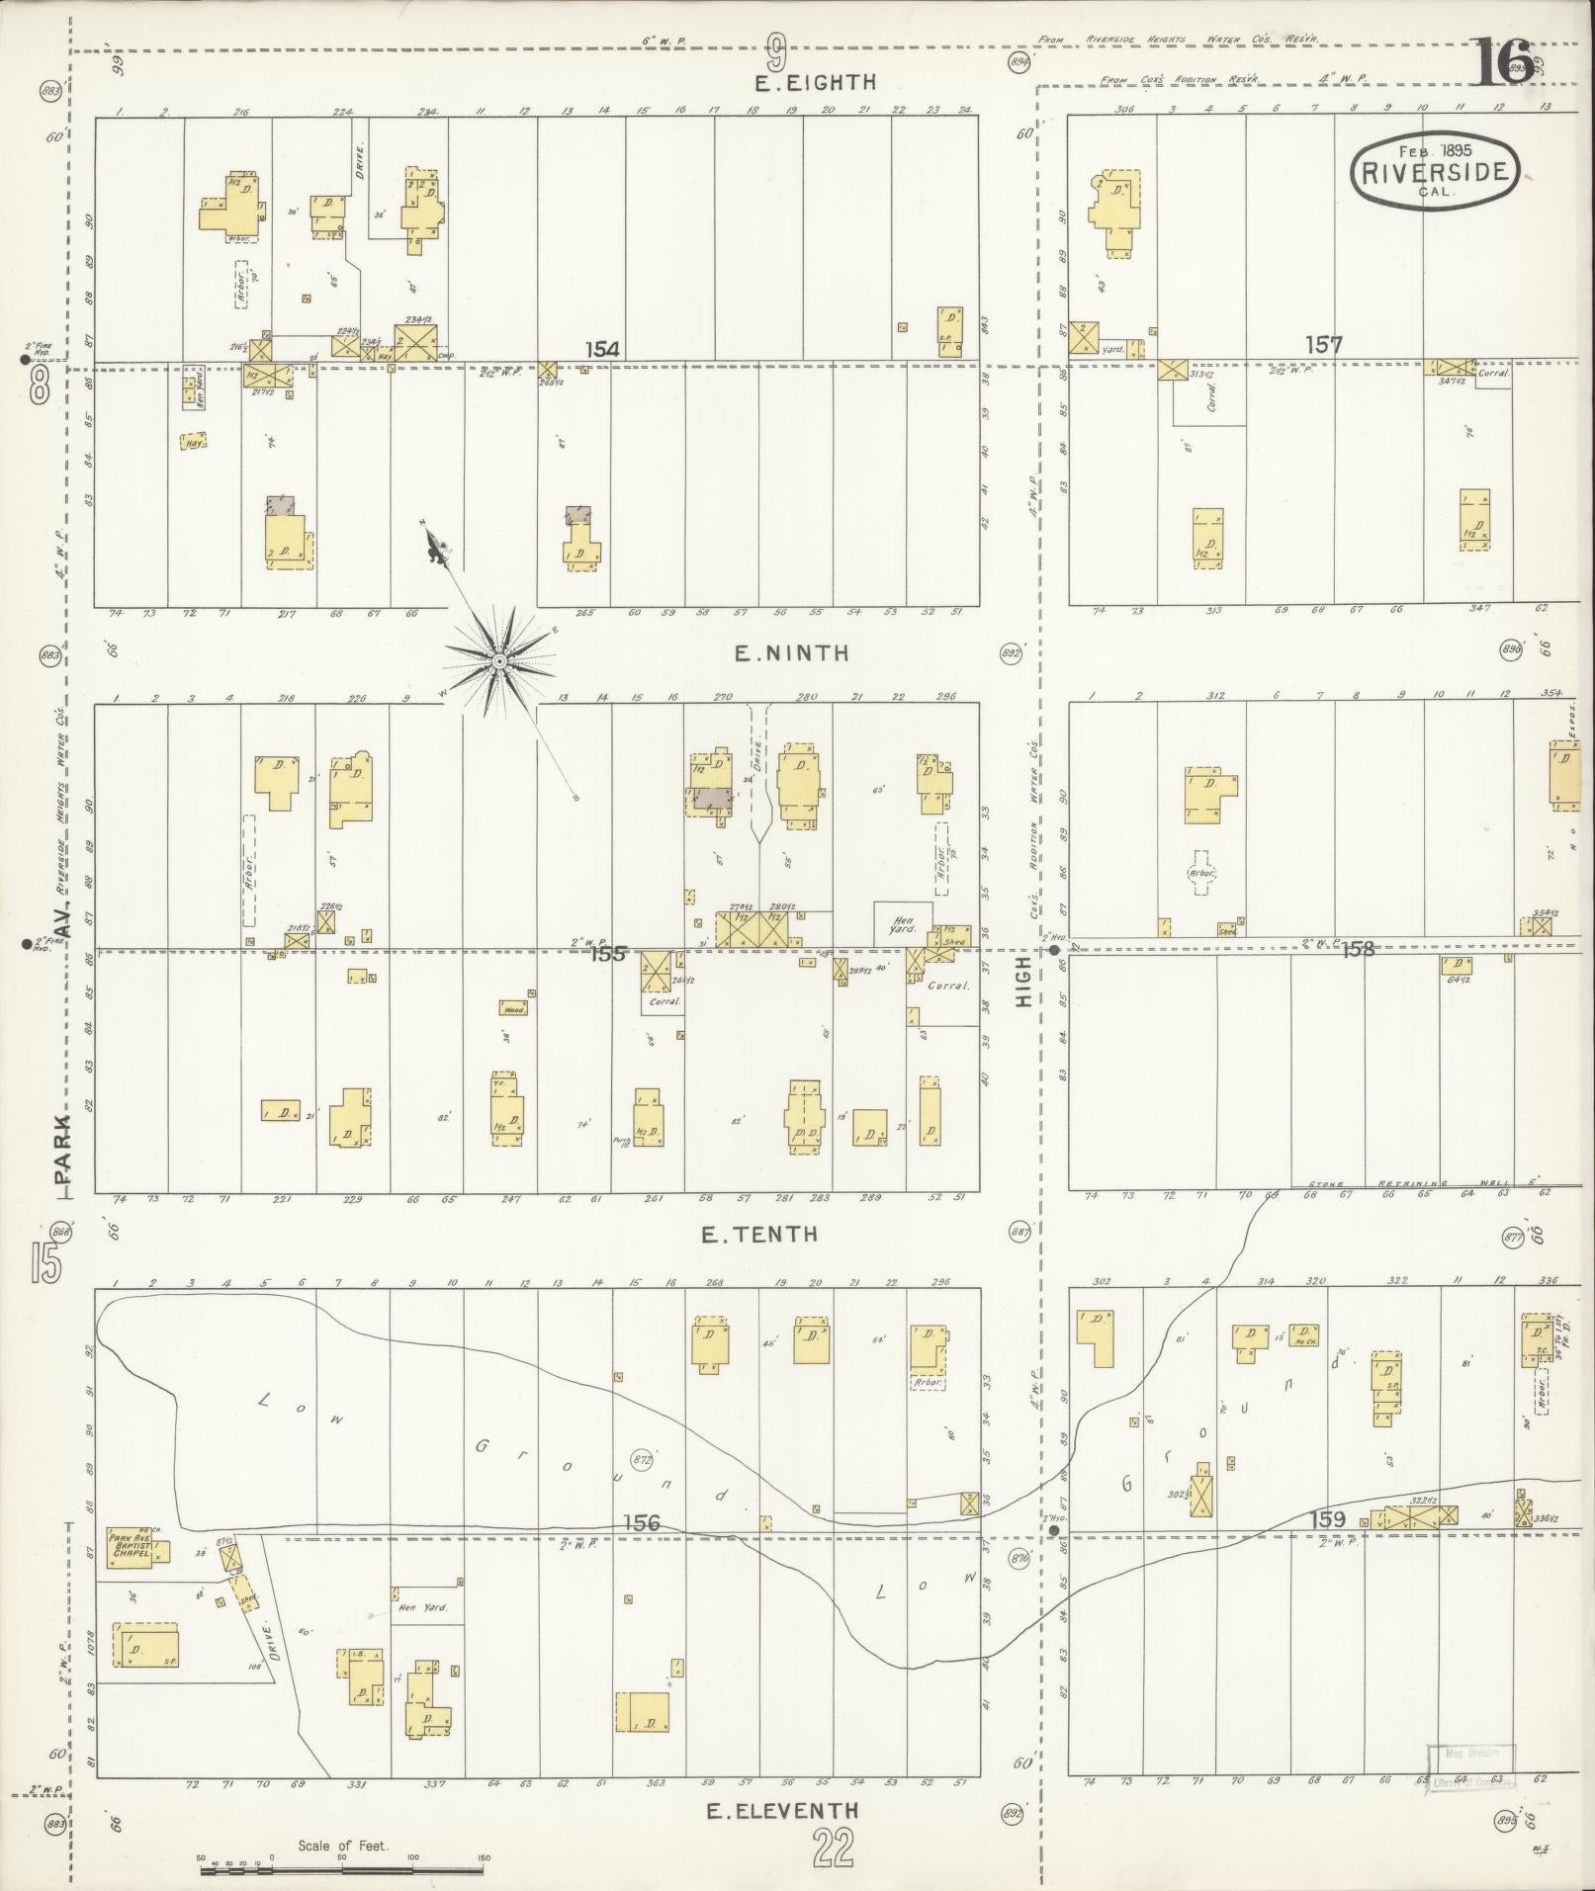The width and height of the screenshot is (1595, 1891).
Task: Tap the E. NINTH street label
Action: tap(791, 652)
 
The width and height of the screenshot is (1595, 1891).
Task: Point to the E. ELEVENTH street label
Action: tap(782, 1811)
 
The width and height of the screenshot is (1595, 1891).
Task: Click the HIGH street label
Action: tap(1024, 982)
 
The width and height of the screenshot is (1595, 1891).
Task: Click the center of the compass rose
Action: tap(499, 660)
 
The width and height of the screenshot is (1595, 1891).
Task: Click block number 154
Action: tap(601, 349)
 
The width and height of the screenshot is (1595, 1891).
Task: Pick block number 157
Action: tap(1323, 345)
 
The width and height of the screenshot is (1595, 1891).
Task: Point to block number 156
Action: tap(641, 1551)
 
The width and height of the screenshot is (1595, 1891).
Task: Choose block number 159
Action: tap(1326, 1545)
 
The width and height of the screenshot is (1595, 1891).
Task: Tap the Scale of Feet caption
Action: tap(342, 1846)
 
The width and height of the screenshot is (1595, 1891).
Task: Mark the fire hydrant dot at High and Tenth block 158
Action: tap(1055, 950)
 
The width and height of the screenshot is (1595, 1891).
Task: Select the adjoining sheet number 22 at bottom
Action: tap(833, 1848)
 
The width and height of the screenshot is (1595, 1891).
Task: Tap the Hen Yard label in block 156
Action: tap(422, 1608)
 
